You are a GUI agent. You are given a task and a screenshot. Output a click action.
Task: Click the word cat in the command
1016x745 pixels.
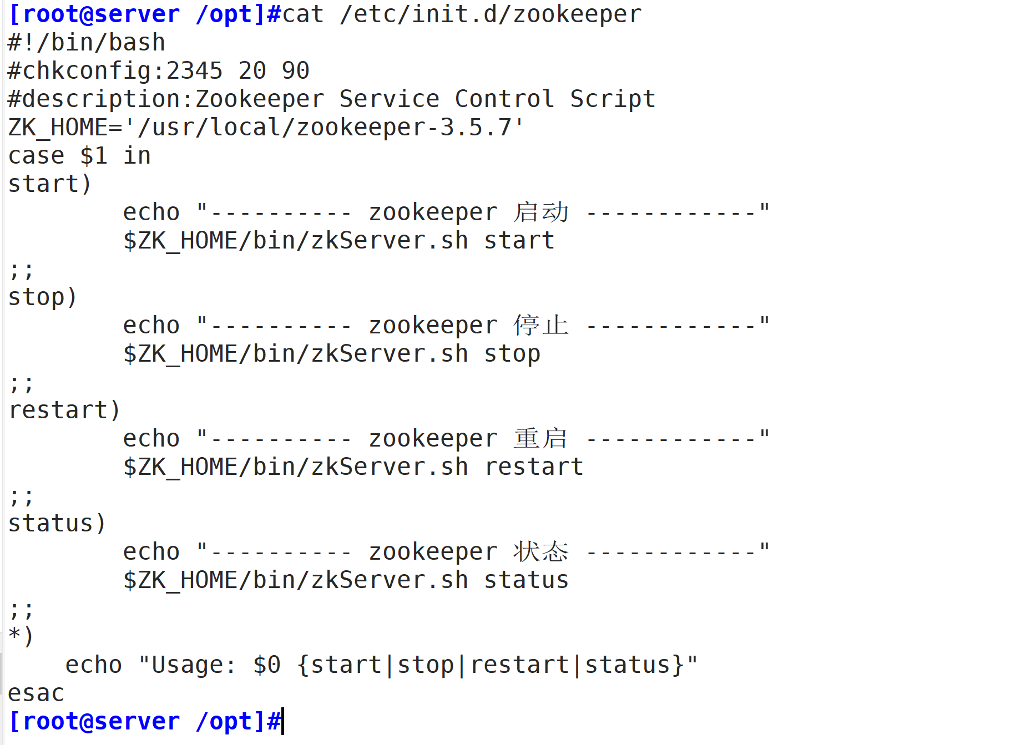[x=303, y=14]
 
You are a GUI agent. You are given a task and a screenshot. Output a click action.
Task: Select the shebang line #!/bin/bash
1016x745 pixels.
[x=87, y=43]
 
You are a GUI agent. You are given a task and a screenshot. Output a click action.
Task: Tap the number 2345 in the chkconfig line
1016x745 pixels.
[x=195, y=71]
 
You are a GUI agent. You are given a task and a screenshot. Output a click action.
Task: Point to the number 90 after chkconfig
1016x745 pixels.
[x=295, y=71]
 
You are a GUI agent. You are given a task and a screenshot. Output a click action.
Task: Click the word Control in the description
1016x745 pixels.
[x=504, y=99]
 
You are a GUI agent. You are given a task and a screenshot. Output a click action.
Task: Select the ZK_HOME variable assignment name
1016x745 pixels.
[x=58, y=128]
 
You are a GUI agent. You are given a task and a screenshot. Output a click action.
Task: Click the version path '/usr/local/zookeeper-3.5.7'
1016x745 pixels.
[x=325, y=128]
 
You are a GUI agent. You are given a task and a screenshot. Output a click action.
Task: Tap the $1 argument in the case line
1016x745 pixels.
[x=93, y=156]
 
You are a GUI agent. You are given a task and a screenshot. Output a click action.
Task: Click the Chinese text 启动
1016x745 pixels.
[x=541, y=212]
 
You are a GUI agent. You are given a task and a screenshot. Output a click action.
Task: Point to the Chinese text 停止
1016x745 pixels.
[x=541, y=326]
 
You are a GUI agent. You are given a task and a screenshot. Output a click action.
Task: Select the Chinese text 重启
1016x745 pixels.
[x=541, y=439]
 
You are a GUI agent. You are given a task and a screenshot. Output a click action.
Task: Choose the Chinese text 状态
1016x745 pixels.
[x=541, y=552]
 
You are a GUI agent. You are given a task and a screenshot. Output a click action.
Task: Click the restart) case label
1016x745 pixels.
[x=64, y=410]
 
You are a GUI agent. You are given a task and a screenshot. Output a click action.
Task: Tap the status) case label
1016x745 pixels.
[x=57, y=524]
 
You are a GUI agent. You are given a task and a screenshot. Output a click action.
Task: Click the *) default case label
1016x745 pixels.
[x=21, y=636]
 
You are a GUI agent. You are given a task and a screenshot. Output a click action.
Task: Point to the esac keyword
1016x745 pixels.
[x=36, y=693]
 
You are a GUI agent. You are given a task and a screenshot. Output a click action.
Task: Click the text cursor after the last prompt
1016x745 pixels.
[x=283, y=721]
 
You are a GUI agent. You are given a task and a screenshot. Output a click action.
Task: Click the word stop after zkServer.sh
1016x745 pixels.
[x=512, y=354]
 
